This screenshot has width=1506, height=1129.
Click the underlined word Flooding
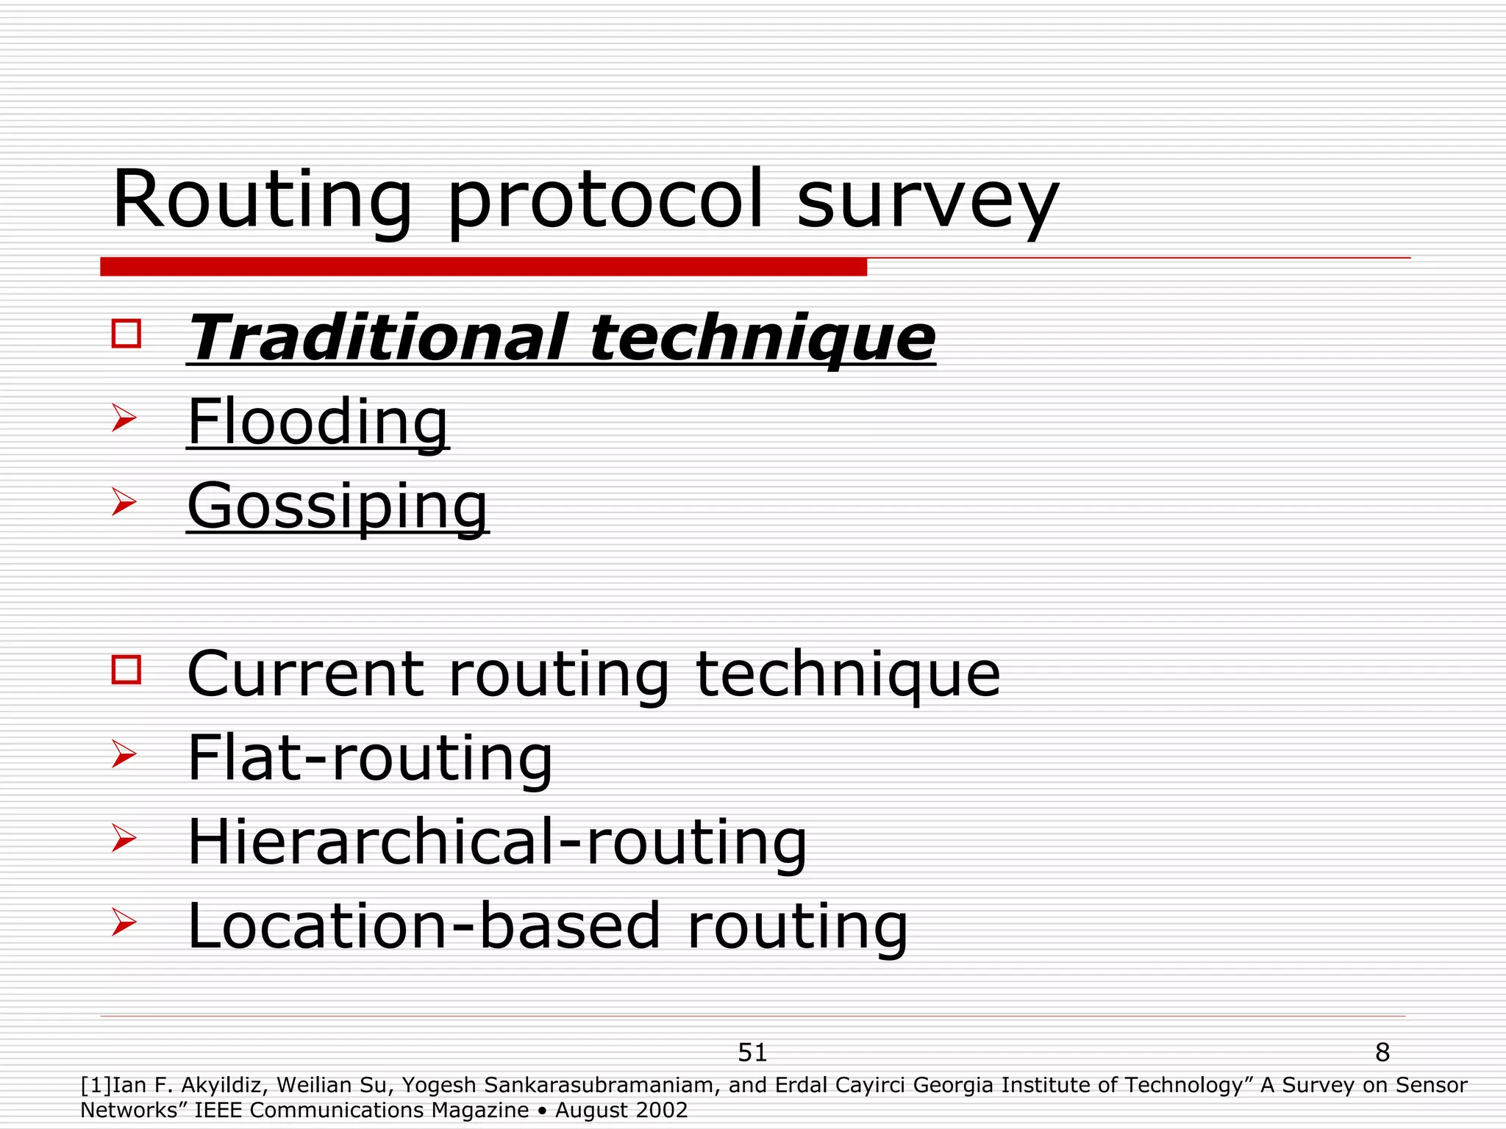pyautogui.click(x=318, y=422)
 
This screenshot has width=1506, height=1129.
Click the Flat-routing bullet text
pyautogui.click(x=370, y=758)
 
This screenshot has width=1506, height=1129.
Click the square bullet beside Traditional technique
pyautogui.click(x=126, y=333)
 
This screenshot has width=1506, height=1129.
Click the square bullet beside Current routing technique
pyautogui.click(x=126, y=670)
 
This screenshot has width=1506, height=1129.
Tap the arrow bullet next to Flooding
pyautogui.click(x=124, y=418)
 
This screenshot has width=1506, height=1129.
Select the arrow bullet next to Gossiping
pyautogui.click(x=124, y=503)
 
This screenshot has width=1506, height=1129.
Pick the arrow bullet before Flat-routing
pyautogui.click(x=124, y=754)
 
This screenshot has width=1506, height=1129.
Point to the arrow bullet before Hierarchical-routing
pyautogui.click(x=124, y=838)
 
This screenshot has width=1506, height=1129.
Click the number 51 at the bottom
pyautogui.click(x=752, y=1053)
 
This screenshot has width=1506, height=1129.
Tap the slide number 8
pyautogui.click(x=1382, y=1053)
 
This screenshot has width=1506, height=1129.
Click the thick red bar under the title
pyautogui.click(x=483, y=267)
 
